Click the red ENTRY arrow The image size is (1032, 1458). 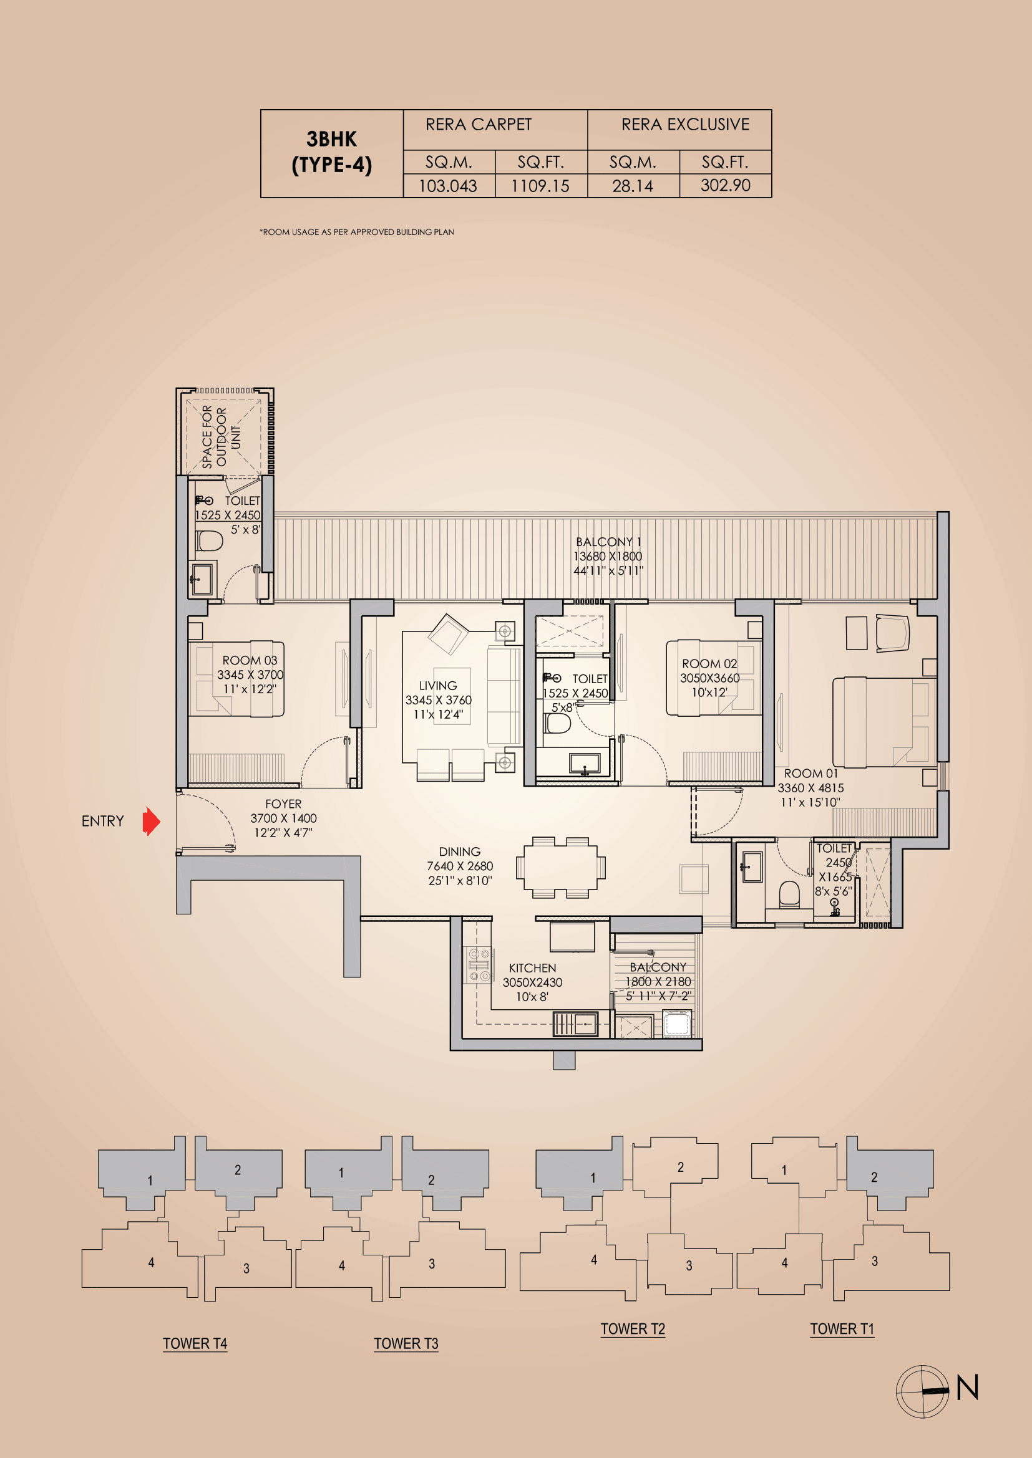click(151, 821)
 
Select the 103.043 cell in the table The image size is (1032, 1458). click(448, 186)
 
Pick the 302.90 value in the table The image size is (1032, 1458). click(725, 185)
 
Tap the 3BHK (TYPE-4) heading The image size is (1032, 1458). click(331, 152)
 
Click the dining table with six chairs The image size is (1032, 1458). click(560, 867)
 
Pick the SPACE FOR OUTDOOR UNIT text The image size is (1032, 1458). click(221, 437)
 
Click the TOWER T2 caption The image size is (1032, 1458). click(632, 1329)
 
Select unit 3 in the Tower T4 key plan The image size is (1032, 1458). click(246, 1268)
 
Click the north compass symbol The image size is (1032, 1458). click(923, 1391)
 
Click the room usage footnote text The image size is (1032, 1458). click(356, 232)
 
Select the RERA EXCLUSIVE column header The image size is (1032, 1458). click(685, 125)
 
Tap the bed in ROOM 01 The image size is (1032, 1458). click(884, 721)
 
